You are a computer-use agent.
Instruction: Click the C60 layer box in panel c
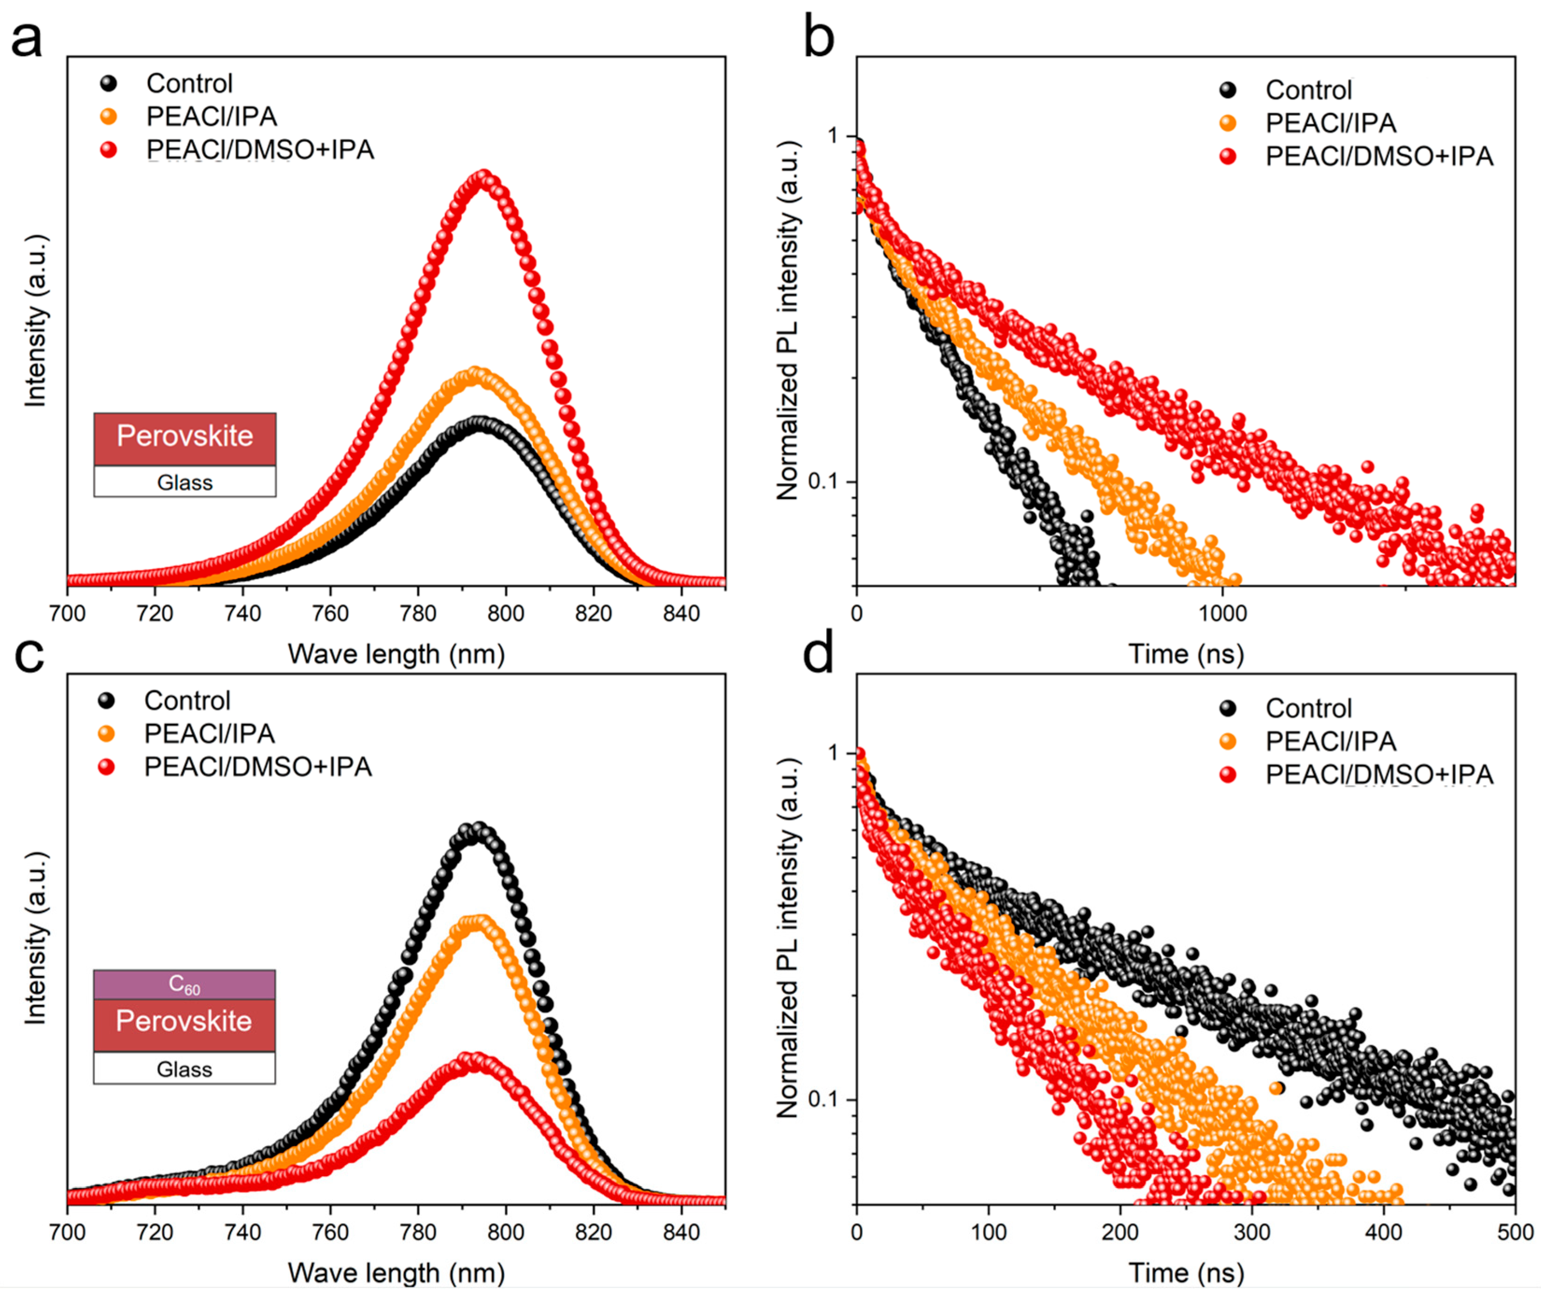184,984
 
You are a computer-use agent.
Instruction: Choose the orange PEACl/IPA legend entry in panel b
1329,123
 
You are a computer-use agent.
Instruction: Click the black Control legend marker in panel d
1227,709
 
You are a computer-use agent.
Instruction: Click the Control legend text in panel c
187,701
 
